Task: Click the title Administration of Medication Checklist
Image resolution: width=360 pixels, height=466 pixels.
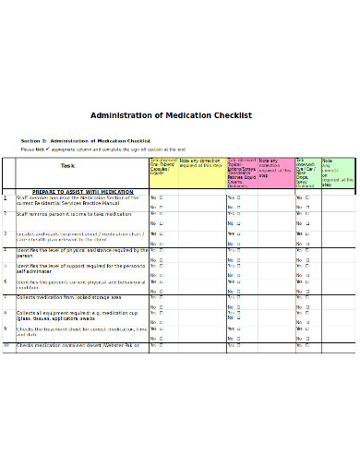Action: (x=171, y=115)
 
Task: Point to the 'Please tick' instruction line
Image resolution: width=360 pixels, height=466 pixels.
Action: (x=102, y=149)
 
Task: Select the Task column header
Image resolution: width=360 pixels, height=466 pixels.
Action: (x=67, y=166)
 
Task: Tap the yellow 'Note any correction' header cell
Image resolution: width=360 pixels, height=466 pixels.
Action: (x=199, y=163)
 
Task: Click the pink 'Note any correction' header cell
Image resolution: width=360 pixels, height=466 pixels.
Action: (x=275, y=166)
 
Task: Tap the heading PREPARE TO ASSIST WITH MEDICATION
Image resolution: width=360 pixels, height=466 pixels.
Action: (x=82, y=191)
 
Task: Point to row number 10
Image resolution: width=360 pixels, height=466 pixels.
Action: (x=6, y=345)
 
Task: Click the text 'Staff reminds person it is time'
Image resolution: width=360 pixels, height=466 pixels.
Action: (x=75, y=214)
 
